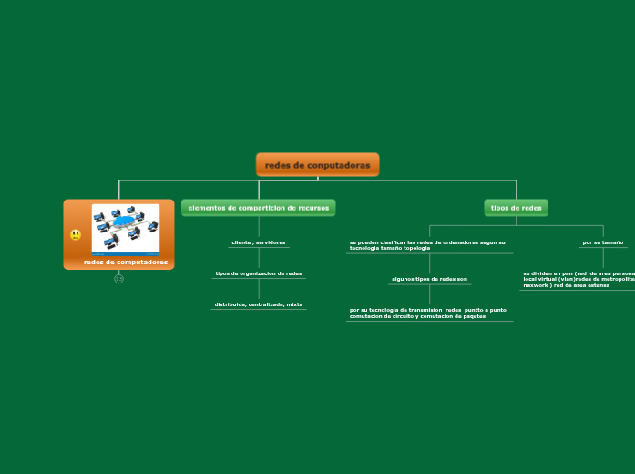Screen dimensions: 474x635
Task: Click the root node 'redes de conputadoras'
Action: [x=317, y=165]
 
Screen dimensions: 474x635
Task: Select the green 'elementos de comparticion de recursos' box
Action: [x=258, y=208]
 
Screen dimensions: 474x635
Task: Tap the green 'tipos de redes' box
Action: [x=516, y=208]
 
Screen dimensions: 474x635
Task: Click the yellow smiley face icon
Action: [x=76, y=235]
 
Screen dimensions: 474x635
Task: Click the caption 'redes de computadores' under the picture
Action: [x=126, y=263]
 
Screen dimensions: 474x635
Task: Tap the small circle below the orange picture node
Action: [x=118, y=279]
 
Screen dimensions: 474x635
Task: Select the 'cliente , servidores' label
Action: [x=259, y=242]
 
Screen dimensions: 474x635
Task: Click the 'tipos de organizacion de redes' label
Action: [x=259, y=273]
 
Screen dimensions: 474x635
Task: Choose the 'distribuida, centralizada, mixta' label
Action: [x=259, y=304]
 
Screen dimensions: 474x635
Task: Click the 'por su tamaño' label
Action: [x=603, y=242]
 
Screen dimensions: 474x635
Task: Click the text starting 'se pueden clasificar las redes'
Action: [x=427, y=245]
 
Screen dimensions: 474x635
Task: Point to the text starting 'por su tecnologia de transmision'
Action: [x=428, y=313]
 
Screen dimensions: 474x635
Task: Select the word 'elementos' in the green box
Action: [x=206, y=208]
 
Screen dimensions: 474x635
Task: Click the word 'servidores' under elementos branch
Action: [x=271, y=242]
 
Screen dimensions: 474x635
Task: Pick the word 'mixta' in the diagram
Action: [x=294, y=304]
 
